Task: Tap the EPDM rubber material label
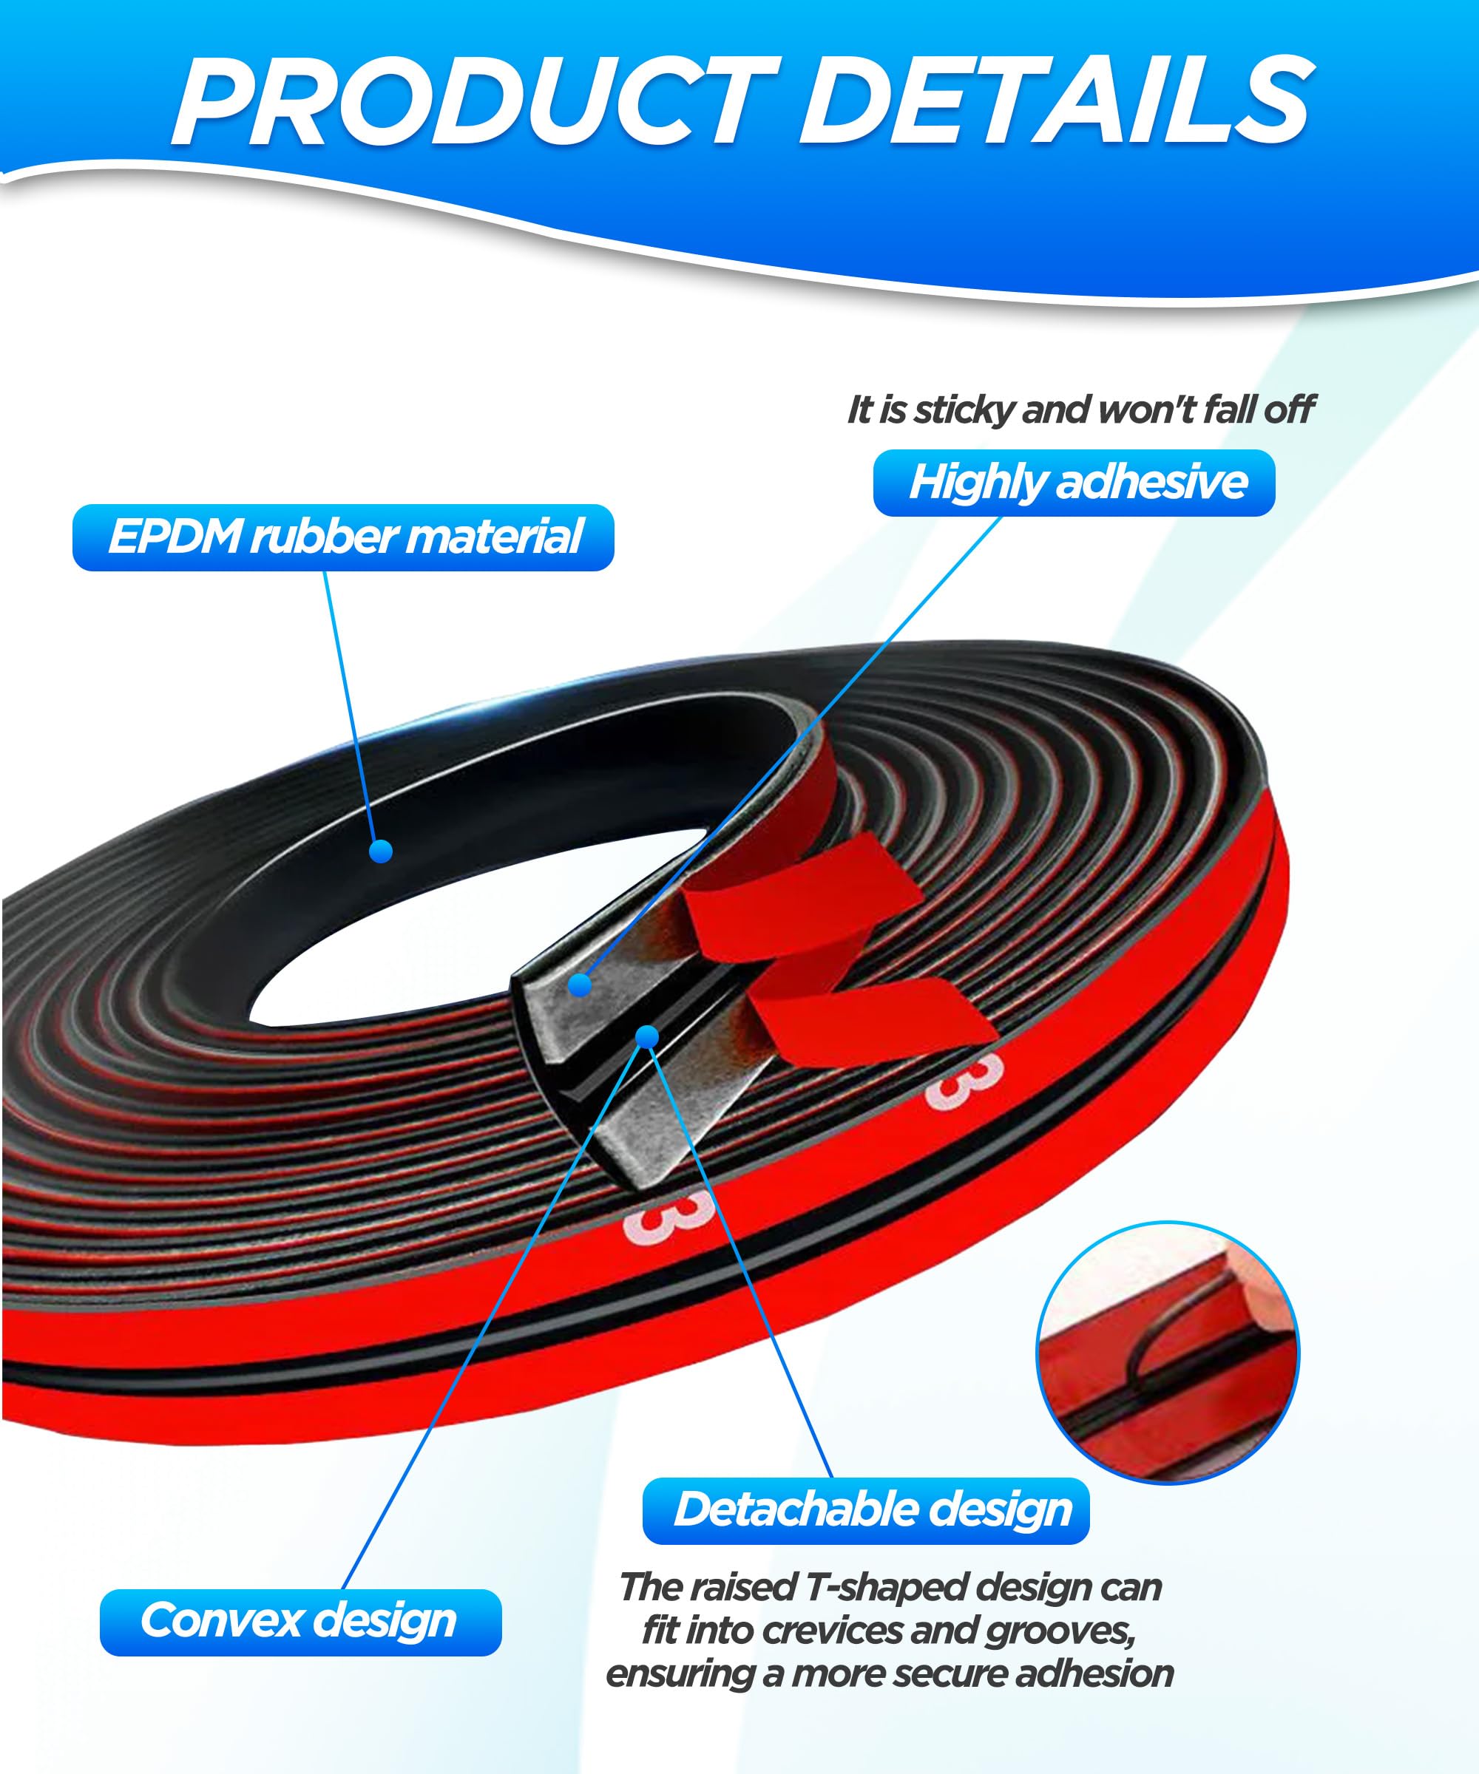tap(343, 537)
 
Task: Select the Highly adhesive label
tap(1074, 483)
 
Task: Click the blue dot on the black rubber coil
tap(381, 851)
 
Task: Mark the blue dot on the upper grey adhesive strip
tap(580, 984)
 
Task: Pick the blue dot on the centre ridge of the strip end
tap(647, 1036)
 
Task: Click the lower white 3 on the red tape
tap(667, 1217)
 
